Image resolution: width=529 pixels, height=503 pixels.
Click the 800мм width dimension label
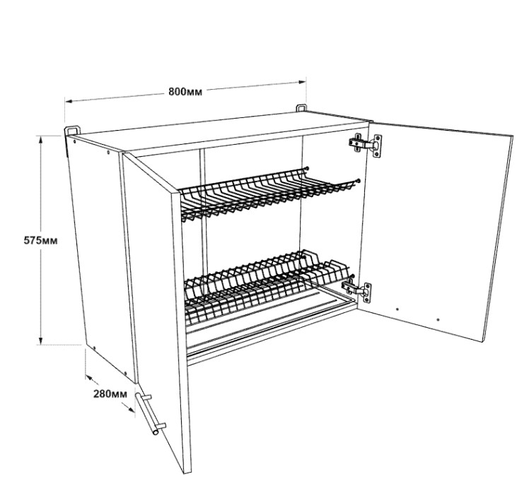tap(185, 91)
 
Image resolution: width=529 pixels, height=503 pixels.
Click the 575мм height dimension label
tap(40, 240)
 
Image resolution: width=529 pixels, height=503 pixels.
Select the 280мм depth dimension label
tap(110, 393)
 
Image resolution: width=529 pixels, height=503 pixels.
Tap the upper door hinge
tap(366, 145)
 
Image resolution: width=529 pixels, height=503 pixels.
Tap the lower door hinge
tap(357, 290)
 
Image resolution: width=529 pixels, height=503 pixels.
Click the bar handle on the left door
tap(150, 413)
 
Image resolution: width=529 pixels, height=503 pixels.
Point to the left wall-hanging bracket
tap(73, 131)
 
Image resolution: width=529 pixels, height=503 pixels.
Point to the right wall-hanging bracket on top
tap(302, 108)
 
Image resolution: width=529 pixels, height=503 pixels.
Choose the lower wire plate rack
tap(268, 285)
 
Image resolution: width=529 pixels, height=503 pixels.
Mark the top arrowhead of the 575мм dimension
tap(41, 138)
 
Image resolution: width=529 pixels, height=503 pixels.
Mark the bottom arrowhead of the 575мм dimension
tap(41, 341)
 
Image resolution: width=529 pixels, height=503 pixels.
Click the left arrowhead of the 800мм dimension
tap(69, 101)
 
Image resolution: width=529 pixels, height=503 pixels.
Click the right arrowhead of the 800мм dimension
tap(302, 81)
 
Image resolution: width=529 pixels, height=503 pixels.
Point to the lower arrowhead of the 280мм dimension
tap(132, 409)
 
